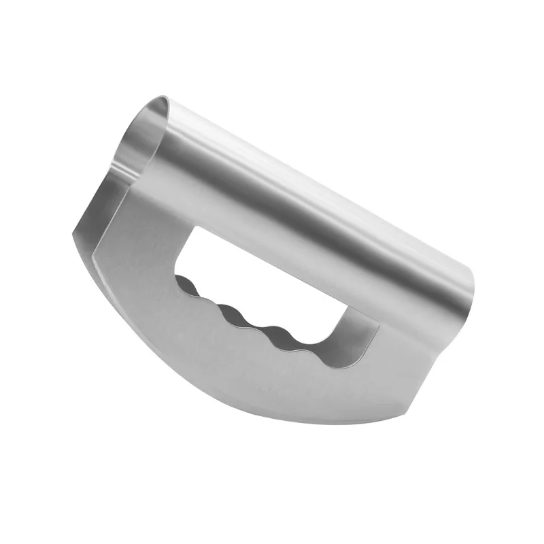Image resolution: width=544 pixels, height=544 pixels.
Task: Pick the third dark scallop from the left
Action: click(272, 333)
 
